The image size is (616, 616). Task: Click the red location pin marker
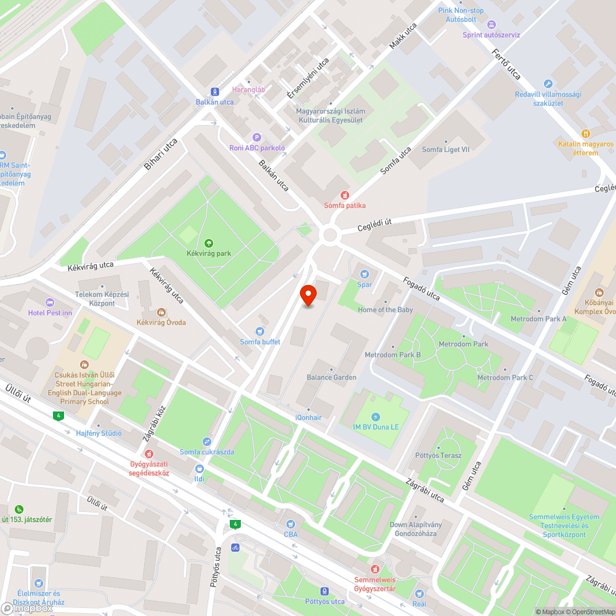point(307,296)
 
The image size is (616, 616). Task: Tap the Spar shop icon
point(365,274)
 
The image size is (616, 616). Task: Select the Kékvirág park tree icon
point(208,243)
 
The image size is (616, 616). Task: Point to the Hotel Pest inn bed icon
point(50,302)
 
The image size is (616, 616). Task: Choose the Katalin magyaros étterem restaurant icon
point(586,133)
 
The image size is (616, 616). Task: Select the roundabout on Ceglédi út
point(331,234)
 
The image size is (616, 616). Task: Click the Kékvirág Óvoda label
point(161,322)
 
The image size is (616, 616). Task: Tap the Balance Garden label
point(331,377)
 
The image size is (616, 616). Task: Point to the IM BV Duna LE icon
point(376,417)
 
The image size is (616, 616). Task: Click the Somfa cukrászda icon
point(207,442)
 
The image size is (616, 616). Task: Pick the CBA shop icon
point(290,524)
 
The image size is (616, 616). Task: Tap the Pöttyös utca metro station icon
point(325,591)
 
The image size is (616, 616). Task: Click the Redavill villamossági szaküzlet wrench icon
point(548,84)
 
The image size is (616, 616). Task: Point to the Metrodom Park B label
point(392,355)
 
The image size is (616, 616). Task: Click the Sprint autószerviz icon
point(491,25)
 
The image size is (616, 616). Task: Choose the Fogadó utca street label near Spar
point(422,287)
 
